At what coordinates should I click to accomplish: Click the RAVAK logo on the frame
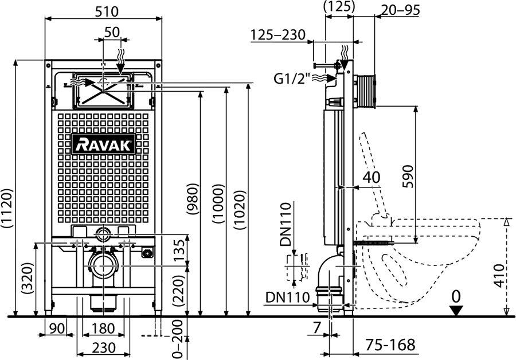(104, 144)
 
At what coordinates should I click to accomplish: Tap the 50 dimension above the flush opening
(112, 32)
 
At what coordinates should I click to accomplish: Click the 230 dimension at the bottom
(103, 348)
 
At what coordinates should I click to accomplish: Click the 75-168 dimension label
(390, 345)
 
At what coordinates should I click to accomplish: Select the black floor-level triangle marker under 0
(456, 311)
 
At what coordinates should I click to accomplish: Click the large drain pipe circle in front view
(103, 266)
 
